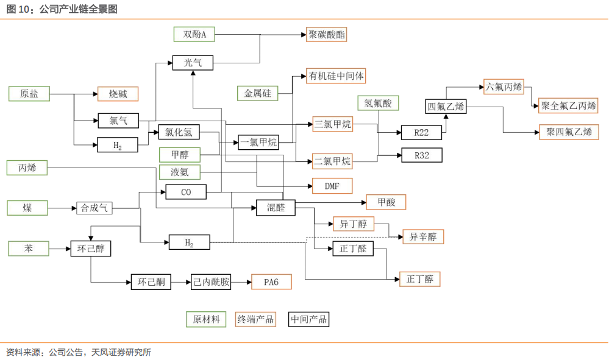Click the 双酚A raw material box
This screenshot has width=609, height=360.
195,35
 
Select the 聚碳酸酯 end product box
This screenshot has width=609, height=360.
327,35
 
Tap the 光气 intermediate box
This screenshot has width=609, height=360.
193,62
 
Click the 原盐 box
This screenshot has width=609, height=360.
29,94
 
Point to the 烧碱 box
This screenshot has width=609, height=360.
118,94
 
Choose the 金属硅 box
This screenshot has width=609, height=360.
257,93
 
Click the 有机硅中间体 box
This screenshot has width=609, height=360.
337,76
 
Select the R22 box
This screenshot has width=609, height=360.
421,132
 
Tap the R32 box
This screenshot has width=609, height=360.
421,155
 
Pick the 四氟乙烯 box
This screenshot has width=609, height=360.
446,106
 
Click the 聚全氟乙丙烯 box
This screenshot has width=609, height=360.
568,105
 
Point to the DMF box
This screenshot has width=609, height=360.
332,186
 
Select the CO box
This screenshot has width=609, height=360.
186,192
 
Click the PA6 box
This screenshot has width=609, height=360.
271,282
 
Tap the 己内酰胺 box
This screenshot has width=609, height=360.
211,282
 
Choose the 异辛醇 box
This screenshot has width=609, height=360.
423,236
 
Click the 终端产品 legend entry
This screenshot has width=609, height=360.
255,319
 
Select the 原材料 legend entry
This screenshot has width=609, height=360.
206,319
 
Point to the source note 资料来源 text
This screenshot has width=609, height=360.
79,352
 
